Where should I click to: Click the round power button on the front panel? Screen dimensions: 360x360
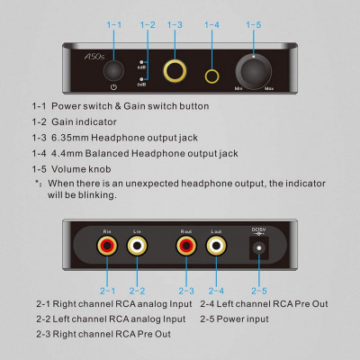pyautogui.click(x=112, y=69)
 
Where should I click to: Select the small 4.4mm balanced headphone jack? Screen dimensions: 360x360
pyautogui.click(x=212, y=69)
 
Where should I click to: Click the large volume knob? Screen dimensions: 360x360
pyautogui.click(x=253, y=69)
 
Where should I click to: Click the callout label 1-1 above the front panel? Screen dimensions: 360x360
pyautogui.click(x=112, y=24)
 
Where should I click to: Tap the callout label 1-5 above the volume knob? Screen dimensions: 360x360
pyautogui.click(x=253, y=24)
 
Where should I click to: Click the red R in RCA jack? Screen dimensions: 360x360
pyautogui.click(x=108, y=243)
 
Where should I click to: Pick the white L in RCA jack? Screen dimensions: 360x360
pyautogui.click(x=136, y=243)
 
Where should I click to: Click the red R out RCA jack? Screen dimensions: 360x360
pyautogui.click(x=185, y=243)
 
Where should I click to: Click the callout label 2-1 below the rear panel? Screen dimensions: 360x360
pyautogui.click(x=108, y=290)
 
